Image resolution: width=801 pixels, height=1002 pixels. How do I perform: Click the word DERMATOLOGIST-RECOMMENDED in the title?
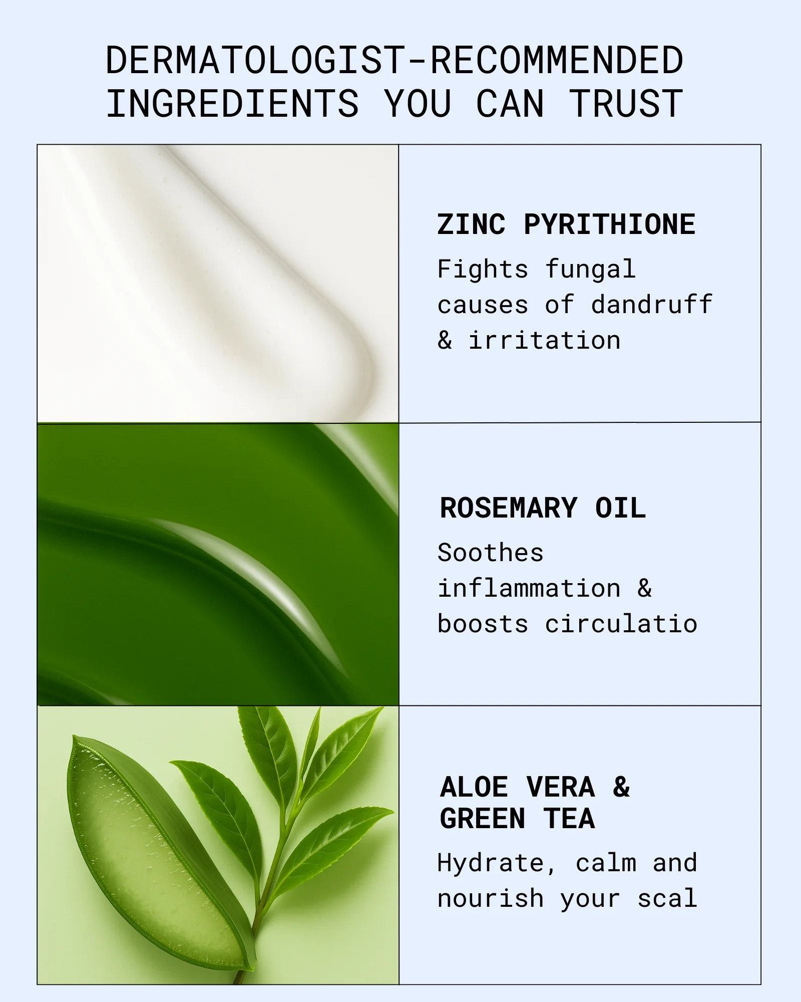[x=394, y=60]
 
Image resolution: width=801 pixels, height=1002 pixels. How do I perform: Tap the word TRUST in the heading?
[x=626, y=104]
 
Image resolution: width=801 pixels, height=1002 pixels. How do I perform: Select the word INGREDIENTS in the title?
[x=233, y=104]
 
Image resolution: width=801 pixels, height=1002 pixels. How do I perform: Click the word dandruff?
[x=651, y=304]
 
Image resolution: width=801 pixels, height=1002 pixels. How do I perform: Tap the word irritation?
[x=545, y=340]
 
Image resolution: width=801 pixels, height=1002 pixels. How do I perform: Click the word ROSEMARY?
[x=509, y=508]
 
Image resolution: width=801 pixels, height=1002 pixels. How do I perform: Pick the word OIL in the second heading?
[x=620, y=508]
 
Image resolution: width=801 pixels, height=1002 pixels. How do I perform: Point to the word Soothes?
[x=491, y=553]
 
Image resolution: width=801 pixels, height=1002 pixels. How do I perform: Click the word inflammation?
[x=529, y=588]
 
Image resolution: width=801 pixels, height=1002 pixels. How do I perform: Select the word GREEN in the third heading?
[x=483, y=819]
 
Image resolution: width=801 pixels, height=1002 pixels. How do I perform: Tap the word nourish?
[x=491, y=898]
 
